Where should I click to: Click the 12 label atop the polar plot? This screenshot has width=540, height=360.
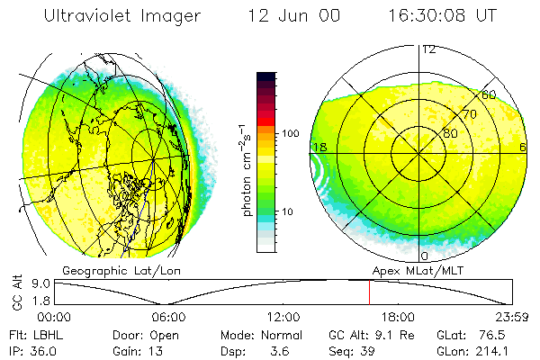pyautogui.click(x=429, y=49)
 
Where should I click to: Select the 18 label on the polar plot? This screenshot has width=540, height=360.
pyautogui.click(x=318, y=147)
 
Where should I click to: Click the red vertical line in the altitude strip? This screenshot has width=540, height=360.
pyautogui.click(x=369, y=292)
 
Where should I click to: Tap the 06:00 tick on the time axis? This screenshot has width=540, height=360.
pyautogui.click(x=168, y=317)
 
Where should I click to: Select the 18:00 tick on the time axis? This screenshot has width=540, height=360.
pyautogui.click(x=398, y=317)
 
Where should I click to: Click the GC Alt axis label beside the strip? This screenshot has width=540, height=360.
pyautogui.click(x=15, y=293)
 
